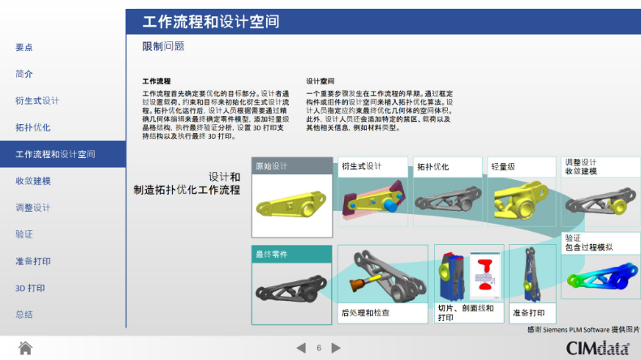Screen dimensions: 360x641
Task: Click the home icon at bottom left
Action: (25, 348)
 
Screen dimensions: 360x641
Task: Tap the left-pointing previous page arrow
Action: (301, 348)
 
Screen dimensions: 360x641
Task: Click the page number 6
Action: (319, 348)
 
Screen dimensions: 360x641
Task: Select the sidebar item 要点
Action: (24, 47)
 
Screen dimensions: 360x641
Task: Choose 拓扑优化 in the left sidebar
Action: (33, 127)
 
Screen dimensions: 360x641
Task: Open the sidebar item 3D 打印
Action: (31, 288)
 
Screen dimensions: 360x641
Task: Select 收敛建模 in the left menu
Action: (33, 181)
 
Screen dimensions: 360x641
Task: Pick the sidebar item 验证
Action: (24, 234)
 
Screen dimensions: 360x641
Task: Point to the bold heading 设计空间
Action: (320, 81)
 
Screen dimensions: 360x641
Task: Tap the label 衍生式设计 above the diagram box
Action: (362, 166)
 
